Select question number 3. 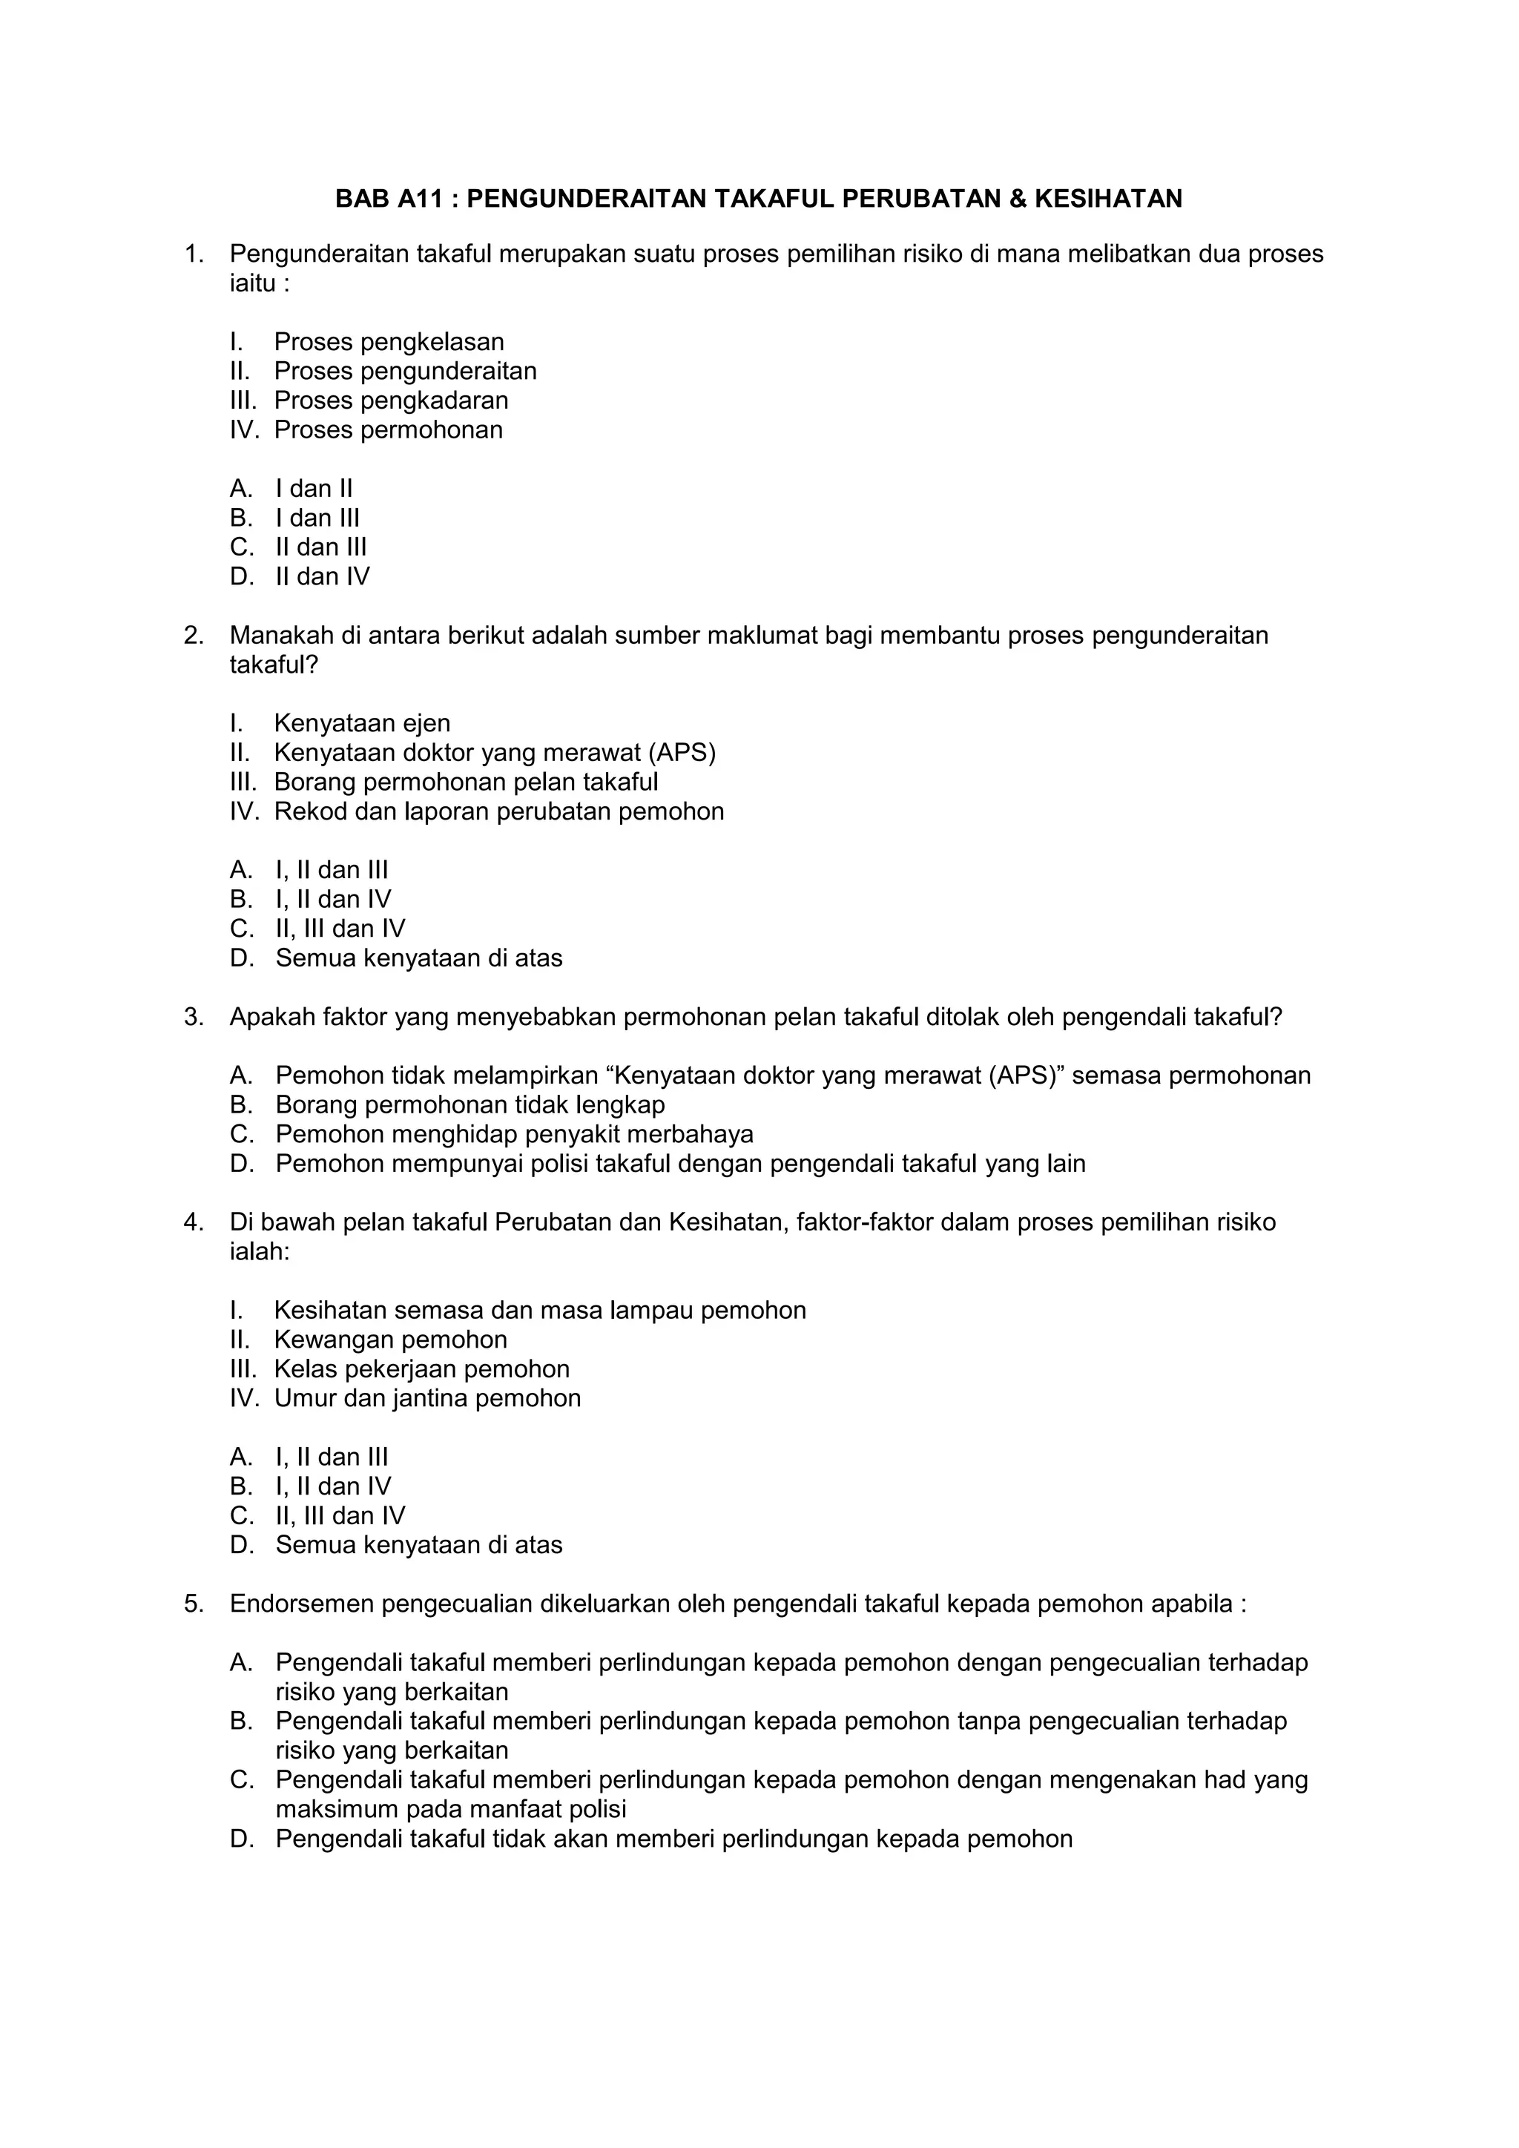pos(193,1017)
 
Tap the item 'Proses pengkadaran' pos(391,401)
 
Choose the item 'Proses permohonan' pos(388,429)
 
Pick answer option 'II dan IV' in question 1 pos(322,576)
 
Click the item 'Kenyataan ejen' pos(362,723)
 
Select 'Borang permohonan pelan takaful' pos(466,781)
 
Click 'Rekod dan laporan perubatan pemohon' pos(498,811)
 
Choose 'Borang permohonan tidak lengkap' pos(469,1105)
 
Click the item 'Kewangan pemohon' pos(390,1340)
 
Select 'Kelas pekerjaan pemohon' pos(421,1368)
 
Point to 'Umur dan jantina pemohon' pos(426,1397)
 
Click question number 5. pos(193,1604)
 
